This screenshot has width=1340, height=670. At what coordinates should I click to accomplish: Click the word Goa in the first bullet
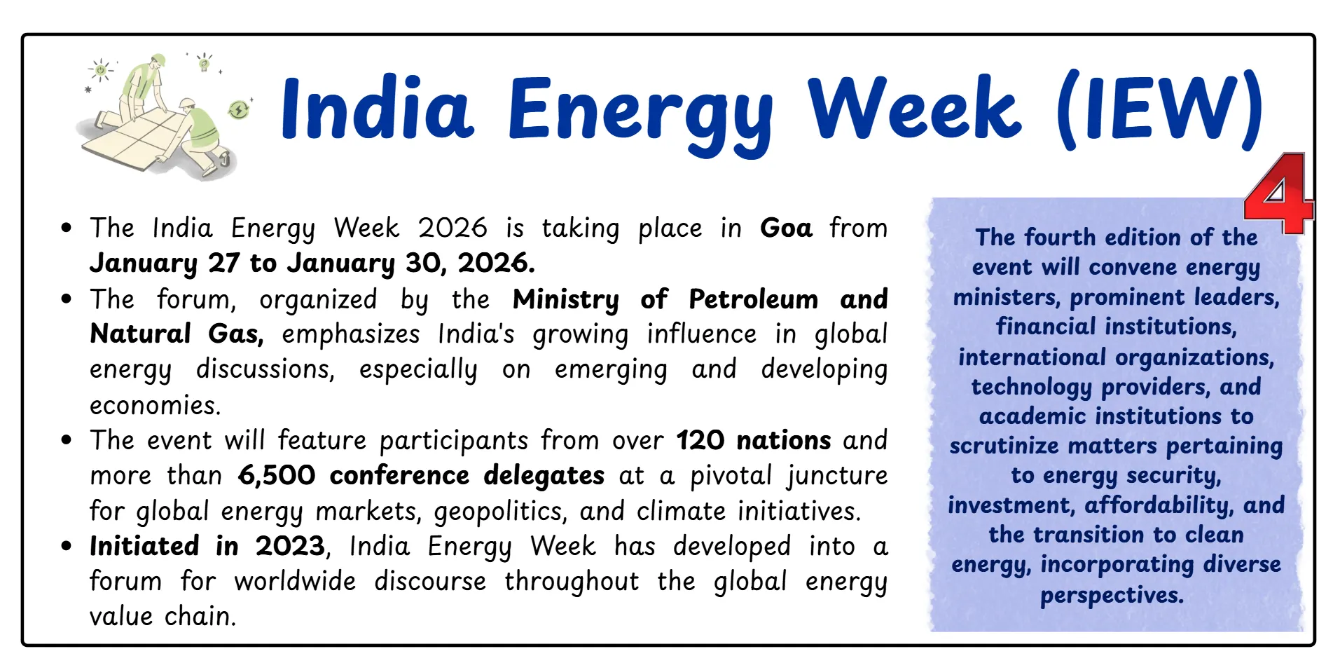[x=785, y=228]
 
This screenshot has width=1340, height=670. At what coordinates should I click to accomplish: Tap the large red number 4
[x=1277, y=194]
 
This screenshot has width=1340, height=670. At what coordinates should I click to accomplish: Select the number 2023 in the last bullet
[x=290, y=546]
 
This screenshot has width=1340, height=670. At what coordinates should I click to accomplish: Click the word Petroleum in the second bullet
[x=753, y=299]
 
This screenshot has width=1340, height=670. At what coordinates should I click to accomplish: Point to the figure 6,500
[x=277, y=476]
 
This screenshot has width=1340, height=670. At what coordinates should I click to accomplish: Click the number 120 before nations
[x=700, y=441]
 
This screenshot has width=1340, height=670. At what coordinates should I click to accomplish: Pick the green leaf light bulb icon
[x=205, y=64]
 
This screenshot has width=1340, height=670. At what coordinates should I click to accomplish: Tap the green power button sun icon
[x=101, y=70]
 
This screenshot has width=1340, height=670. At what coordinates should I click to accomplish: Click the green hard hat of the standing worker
[x=159, y=60]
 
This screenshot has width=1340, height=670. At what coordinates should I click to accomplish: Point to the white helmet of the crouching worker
[x=186, y=104]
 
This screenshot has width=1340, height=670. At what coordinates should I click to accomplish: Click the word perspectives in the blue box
[x=1112, y=595]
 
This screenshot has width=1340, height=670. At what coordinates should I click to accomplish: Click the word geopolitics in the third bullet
[x=499, y=512]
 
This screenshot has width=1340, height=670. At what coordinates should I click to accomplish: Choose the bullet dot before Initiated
[x=67, y=546]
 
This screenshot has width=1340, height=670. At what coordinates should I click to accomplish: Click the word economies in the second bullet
[x=155, y=405]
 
